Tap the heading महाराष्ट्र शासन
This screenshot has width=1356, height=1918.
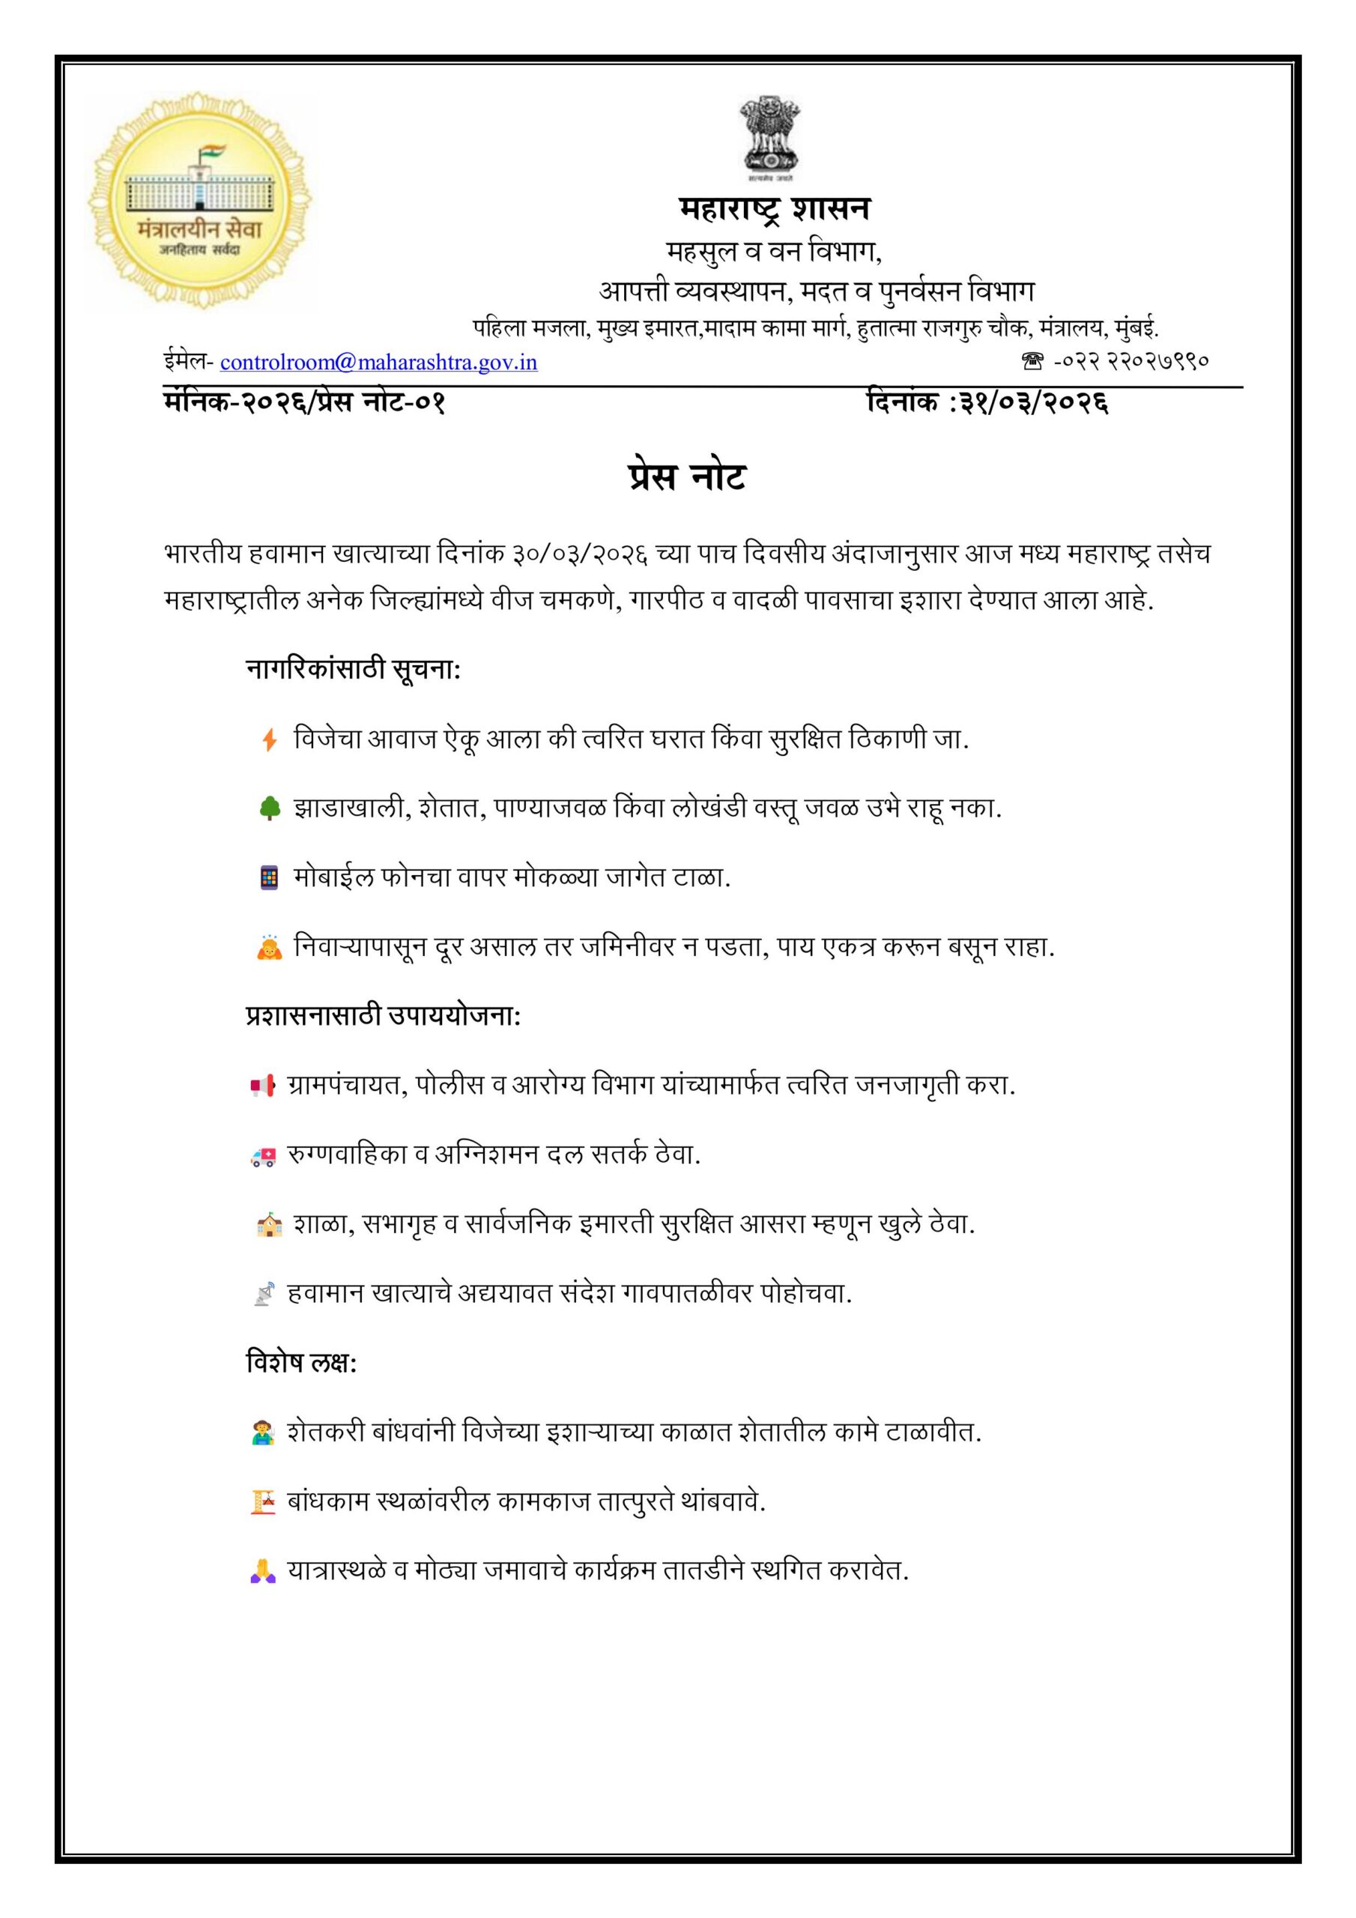coord(774,209)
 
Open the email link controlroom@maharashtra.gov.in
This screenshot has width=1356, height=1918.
coord(378,362)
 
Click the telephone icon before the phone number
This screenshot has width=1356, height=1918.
coord(1032,362)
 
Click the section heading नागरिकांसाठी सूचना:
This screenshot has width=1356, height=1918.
coord(354,669)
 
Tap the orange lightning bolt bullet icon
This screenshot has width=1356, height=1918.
coord(269,739)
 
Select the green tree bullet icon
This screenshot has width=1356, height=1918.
coord(269,808)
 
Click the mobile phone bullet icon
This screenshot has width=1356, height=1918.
coord(269,878)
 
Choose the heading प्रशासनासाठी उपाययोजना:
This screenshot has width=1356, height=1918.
coord(384,1016)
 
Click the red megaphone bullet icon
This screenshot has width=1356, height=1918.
coord(262,1086)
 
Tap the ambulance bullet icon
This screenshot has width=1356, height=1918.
coord(262,1156)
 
